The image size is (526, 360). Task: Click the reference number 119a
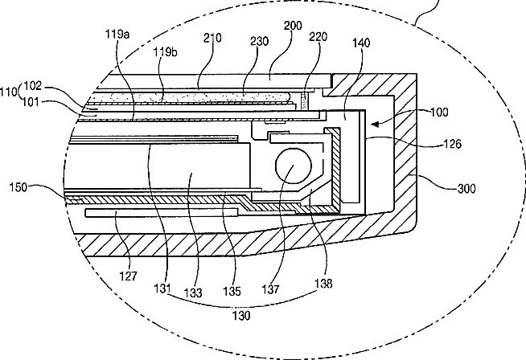pos(117,34)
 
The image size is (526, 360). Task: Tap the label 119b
pos(166,52)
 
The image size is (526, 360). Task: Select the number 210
pos(212,38)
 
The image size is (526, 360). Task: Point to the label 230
pos(260,41)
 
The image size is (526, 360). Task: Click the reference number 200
pos(293,26)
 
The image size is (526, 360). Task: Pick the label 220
pos(318,36)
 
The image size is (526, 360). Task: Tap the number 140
pos(361,43)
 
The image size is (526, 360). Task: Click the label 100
pos(439,112)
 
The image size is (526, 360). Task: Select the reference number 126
pos(453,144)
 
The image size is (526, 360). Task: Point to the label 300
pos(466,189)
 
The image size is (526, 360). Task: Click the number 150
pos(18,187)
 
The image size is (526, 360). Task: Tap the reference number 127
pos(128,276)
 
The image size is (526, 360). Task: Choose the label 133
pos(193,293)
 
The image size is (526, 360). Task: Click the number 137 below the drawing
pos(270,289)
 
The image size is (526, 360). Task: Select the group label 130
pos(241,316)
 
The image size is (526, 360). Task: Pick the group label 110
pos(9,92)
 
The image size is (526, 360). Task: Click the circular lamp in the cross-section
pos(294,166)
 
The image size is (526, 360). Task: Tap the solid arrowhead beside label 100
pos(375,124)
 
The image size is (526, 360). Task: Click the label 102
pos(33,86)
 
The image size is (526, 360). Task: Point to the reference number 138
pos(323,283)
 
